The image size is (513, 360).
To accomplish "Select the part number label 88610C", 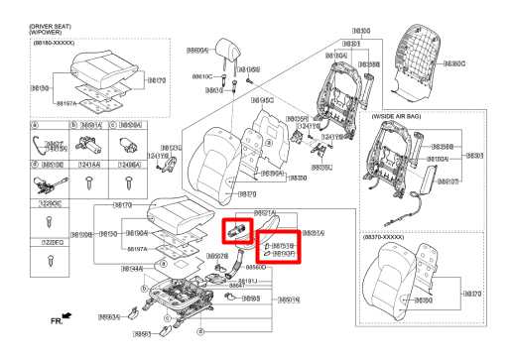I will click(x=201, y=76).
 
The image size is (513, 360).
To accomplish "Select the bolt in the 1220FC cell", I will click(x=50, y=220).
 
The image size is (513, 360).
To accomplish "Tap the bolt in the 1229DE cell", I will click(x=50, y=260).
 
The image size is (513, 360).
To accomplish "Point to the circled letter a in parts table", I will click(x=34, y=125).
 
